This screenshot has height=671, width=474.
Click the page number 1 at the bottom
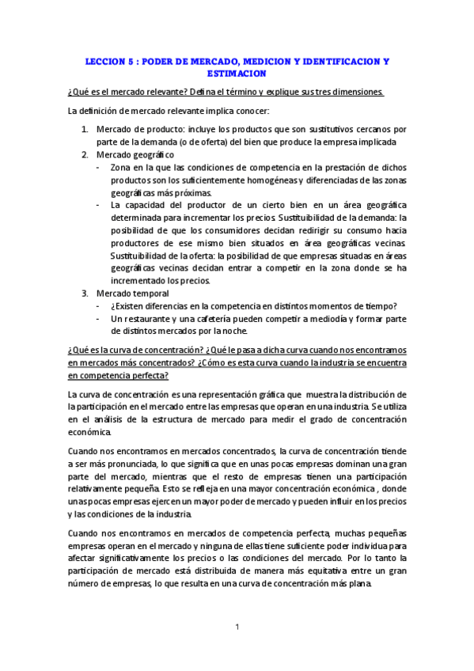[237, 627]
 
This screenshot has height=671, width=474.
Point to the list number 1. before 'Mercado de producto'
[85, 129]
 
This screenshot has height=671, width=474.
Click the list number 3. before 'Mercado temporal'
[85, 294]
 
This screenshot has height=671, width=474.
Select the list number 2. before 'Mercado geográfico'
[85, 154]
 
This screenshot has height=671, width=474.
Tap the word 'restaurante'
[150, 319]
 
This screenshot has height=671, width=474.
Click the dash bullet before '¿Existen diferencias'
[97, 306]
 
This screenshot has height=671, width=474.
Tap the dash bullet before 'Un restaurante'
[97, 319]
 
